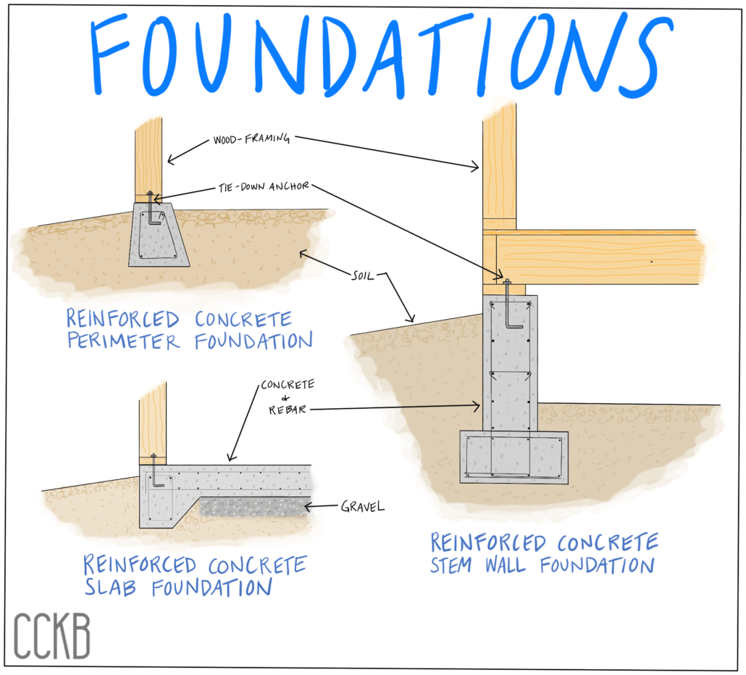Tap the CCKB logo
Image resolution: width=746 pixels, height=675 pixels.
click(x=51, y=636)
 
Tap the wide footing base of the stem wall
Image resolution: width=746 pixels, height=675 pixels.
click(x=514, y=457)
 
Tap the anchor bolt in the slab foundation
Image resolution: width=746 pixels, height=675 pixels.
click(x=154, y=471)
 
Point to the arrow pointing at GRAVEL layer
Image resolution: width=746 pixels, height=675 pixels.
click(x=321, y=506)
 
